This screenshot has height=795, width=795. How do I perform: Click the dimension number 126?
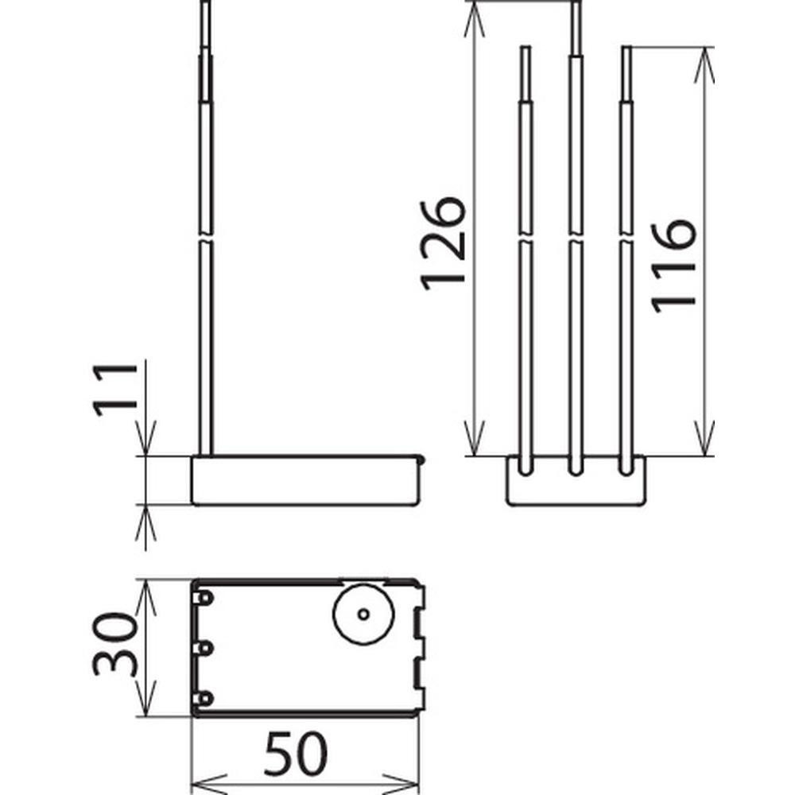pos(443,243)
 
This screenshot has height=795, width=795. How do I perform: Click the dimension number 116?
pos(673,266)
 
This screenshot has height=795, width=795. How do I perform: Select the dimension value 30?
pos(115,645)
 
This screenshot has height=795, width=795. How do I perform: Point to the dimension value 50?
pos(296,754)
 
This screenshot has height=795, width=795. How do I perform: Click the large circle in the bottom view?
pos(363,614)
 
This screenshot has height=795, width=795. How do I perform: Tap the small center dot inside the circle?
pos(363,614)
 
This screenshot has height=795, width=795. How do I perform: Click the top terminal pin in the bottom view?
pos(203,599)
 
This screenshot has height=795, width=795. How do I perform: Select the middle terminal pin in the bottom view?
pos(203,649)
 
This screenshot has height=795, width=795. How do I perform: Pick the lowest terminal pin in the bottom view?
pos(203,699)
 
